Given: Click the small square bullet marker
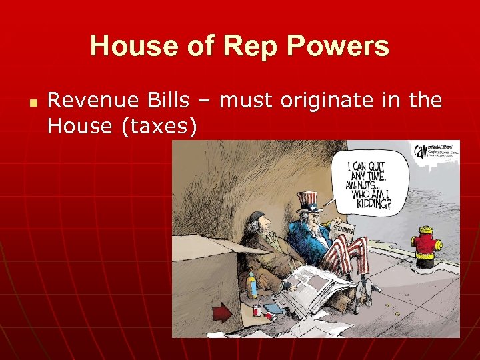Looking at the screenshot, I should [x=31, y=104].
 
